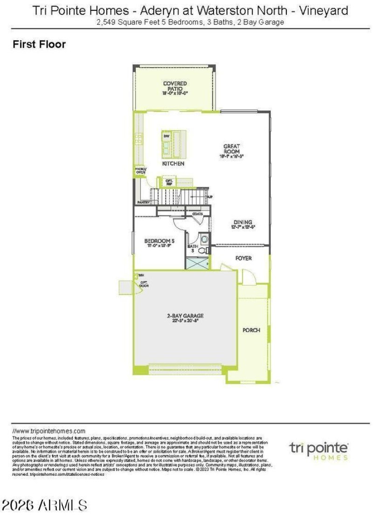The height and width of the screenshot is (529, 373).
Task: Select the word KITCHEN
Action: [x=173, y=164]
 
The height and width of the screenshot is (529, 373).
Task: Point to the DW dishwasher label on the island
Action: [x=166, y=136]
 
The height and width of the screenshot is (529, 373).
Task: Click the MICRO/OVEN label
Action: [x=140, y=170]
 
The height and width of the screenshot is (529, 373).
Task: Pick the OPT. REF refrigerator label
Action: [x=169, y=181]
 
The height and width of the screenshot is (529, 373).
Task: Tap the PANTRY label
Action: [x=143, y=202]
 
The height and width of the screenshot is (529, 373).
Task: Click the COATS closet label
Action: [x=198, y=214]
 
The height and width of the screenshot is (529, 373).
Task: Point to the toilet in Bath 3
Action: [x=203, y=251]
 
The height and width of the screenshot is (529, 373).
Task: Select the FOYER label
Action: [x=243, y=258]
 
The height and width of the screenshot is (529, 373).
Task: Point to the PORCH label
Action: [x=251, y=330]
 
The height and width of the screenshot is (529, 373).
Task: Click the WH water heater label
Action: [x=141, y=275]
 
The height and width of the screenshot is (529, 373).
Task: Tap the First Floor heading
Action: [x=39, y=45]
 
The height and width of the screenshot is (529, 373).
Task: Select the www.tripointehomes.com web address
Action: [x=49, y=431]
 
